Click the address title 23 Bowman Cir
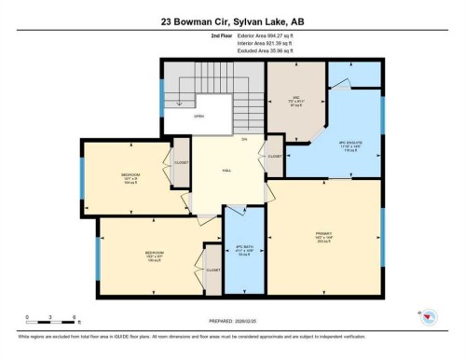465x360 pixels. pyautogui.click(x=233, y=20)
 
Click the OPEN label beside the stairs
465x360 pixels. pyautogui.click(x=198, y=117)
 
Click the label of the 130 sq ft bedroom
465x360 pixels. pyautogui.click(x=154, y=253)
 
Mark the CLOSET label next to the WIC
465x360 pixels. pyautogui.click(x=275, y=156)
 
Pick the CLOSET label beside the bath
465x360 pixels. pyautogui.click(x=212, y=269)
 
